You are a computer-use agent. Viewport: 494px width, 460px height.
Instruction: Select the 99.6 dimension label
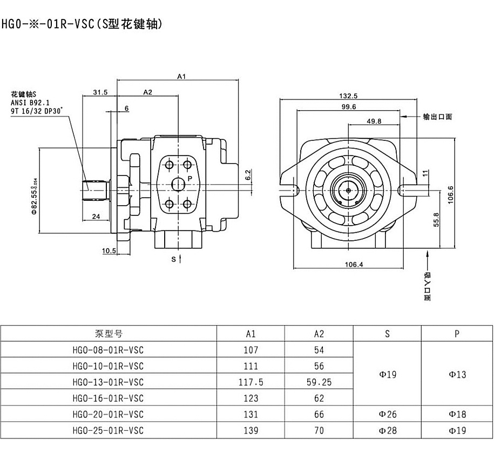point(349,107)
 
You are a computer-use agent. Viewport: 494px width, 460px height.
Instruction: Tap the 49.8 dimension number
point(374,121)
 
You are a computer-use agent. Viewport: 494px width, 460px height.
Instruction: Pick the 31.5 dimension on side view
point(100,92)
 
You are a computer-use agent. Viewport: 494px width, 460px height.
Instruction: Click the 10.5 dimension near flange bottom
point(110,251)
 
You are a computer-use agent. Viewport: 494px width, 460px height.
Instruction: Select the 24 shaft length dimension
point(96,217)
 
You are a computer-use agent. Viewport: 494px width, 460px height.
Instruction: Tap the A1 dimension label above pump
point(182,77)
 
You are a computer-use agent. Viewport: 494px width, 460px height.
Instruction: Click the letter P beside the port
point(190,178)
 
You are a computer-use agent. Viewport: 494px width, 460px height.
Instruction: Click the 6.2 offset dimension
point(248,175)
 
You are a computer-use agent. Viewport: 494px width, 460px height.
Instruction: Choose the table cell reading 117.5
point(251,382)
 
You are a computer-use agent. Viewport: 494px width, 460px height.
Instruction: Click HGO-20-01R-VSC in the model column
point(108,415)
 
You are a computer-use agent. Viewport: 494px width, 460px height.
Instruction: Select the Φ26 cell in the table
point(387,415)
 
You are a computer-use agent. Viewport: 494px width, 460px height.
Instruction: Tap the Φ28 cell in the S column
point(387,431)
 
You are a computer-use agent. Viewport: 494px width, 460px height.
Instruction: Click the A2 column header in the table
point(319,334)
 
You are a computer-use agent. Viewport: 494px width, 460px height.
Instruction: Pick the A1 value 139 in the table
point(251,431)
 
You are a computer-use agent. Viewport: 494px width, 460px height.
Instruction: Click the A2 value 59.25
point(319,382)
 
